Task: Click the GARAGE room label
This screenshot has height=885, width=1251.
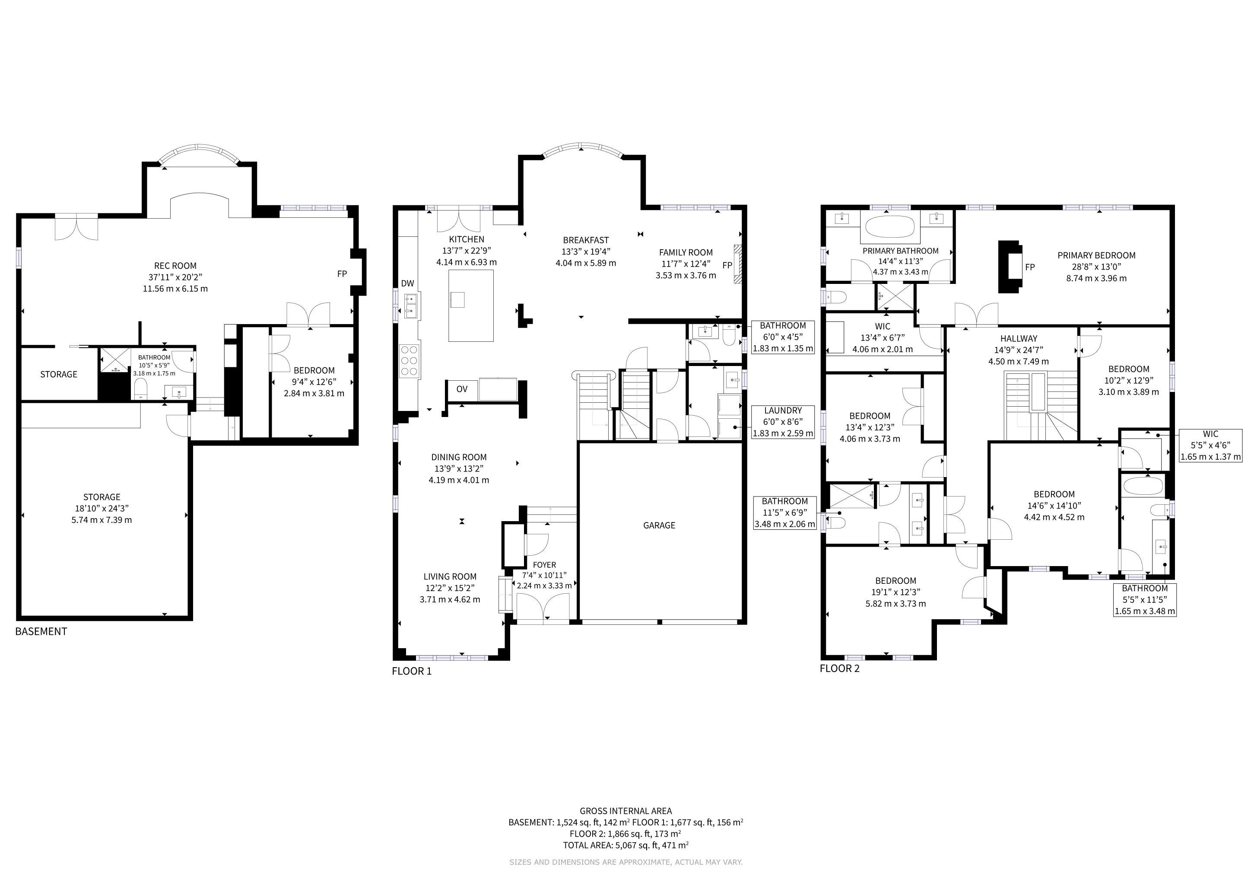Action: (659, 525)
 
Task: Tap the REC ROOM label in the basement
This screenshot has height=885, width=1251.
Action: (175, 266)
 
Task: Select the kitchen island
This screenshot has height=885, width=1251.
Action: (471, 306)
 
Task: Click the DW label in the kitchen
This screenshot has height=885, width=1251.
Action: (407, 283)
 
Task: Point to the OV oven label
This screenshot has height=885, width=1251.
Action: (462, 389)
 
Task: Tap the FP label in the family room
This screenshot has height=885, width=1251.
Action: (727, 265)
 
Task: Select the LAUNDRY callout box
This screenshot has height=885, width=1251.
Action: (783, 422)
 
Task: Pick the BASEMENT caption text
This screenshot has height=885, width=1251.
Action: (41, 632)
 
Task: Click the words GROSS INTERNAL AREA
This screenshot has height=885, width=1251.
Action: (625, 811)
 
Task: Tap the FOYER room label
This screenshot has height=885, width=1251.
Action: (544, 565)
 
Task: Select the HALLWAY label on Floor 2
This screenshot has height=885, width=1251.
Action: (1018, 338)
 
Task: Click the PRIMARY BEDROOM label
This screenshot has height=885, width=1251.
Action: (1096, 255)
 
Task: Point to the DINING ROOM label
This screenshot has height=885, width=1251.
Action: (459, 457)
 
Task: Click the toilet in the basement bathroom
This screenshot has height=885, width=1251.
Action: (140, 388)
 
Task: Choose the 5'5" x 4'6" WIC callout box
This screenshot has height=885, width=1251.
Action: (1211, 445)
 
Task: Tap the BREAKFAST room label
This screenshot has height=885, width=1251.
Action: (586, 240)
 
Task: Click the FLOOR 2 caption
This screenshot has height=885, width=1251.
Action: (840, 669)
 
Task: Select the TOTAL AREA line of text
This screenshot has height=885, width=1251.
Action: (625, 845)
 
